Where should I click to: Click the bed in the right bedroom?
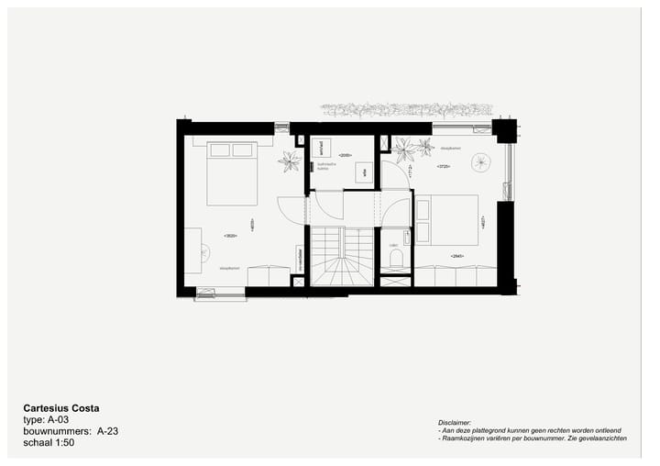coord(446,220)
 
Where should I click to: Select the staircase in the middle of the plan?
coord(342,256)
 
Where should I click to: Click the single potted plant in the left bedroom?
coord(291,161)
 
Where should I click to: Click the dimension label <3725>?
coord(443,166)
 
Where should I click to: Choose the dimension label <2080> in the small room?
coord(345,155)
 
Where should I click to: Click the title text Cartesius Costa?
coord(60,408)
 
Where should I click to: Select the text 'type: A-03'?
coord(46,419)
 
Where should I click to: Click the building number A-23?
coord(108,430)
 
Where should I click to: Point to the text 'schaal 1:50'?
coord(49,441)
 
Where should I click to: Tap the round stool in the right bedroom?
coord(481,162)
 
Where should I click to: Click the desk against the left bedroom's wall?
coord(192,250)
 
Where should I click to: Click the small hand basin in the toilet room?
coord(394,245)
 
